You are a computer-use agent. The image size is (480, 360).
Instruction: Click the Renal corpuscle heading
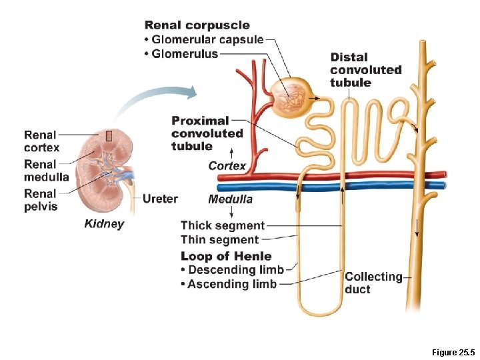[x=197, y=25]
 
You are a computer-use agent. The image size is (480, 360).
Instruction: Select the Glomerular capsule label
[x=207, y=39]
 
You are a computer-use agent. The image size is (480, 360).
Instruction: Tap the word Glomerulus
[x=185, y=54]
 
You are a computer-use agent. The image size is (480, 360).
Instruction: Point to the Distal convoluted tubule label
[x=366, y=70]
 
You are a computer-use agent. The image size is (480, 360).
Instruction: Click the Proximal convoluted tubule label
[x=207, y=133]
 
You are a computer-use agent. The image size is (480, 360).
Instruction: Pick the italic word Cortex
[x=227, y=166]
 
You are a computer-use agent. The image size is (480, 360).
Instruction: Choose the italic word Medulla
[x=230, y=199]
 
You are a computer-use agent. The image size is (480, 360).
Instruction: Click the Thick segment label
[x=223, y=225]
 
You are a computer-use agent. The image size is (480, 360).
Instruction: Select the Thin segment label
[x=220, y=240]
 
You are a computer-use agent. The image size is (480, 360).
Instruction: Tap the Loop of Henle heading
[x=226, y=256]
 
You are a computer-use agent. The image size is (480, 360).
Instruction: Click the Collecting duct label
[x=373, y=283]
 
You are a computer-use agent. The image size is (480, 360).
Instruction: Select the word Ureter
[x=160, y=199]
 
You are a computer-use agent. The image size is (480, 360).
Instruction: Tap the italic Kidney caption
[x=104, y=224]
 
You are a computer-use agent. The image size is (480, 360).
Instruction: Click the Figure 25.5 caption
[x=453, y=353]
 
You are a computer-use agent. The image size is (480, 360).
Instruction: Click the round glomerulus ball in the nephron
[x=291, y=97]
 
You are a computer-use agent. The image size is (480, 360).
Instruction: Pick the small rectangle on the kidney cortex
[x=109, y=136]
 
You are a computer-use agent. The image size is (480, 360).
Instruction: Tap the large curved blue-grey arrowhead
[x=192, y=93]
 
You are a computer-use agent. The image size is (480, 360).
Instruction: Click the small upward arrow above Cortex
[x=232, y=154]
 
